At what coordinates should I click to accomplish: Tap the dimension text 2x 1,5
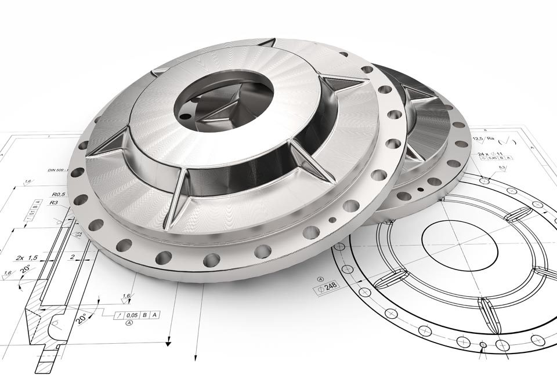click(x=27, y=257)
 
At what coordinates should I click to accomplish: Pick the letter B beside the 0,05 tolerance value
click(x=148, y=315)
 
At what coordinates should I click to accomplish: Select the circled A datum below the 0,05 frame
click(x=128, y=323)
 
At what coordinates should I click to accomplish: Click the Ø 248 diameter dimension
click(x=328, y=286)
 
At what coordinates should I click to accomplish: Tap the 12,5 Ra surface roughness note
click(x=482, y=139)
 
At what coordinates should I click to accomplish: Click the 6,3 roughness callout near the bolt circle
click(x=502, y=168)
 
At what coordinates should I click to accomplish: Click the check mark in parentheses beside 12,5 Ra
click(x=510, y=140)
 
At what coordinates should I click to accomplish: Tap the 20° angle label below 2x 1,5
click(x=26, y=270)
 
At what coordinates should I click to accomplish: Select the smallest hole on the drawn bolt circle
click(x=483, y=345)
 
